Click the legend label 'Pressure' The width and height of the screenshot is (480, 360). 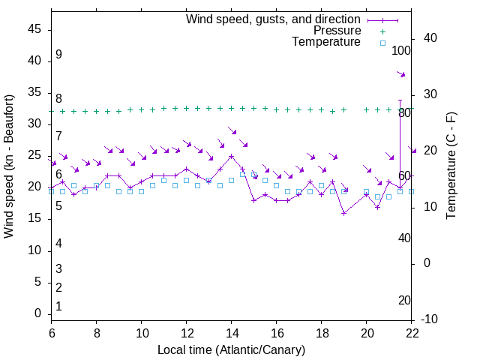pyautogui.click(x=337, y=31)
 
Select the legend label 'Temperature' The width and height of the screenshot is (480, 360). pyautogui.click(x=326, y=42)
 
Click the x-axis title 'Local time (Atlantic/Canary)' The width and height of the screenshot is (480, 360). pyautogui.click(x=231, y=349)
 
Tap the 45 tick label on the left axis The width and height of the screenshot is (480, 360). pyautogui.click(x=34, y=29)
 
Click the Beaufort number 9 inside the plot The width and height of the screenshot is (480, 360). pyautogui.click(x=58, y=55)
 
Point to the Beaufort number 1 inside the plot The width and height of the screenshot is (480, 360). pyautogui.click(x=58, y=307)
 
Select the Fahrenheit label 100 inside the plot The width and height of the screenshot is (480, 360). pyautogui.click(x=401, y=51)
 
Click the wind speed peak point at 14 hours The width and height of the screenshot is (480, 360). pyautogui.click(x=231, y=157)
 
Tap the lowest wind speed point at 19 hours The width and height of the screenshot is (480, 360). pyautogui.click(x=343, y=213)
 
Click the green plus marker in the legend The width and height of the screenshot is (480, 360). pyautogui.click(x=382, y=31)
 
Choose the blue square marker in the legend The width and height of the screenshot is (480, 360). pyautogui.click(x=382, y=43)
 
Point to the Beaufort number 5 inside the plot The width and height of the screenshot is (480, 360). pyautogui.click(x=58, y=205)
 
